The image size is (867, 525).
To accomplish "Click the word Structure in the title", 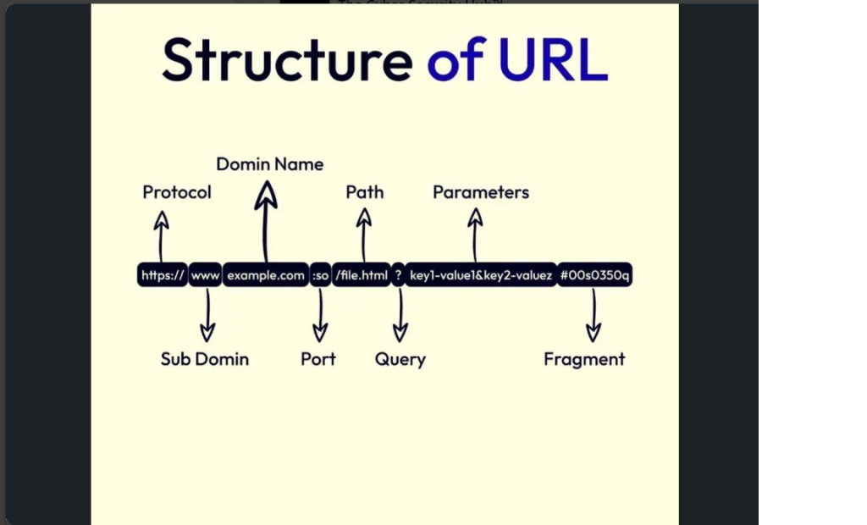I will (x=287, y=60).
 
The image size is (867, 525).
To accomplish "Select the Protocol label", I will (x=177, y=192).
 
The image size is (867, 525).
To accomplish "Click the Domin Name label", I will (x=269, y=164).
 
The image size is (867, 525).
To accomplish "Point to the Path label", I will (x=364, y=192).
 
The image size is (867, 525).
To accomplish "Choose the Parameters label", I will (x=480, y=192).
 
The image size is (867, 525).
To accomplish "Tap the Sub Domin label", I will (x=205, y=359).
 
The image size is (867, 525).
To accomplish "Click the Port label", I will (x=318, y=359).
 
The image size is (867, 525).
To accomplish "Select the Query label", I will (x=400, y=359).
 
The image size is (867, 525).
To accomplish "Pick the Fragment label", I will (x=584, y=359).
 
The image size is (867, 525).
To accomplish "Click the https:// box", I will (x=162, y=275).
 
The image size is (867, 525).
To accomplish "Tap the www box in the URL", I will (x=205, y=275).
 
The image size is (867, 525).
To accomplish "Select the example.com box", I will (x=265, y=275).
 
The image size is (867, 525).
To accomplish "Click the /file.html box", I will (x=361, y=275).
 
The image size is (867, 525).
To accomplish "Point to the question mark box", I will (x=398, y=275).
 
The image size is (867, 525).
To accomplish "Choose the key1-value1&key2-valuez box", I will (x=480, y=275).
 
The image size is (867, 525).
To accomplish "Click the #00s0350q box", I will (x=594, y=275).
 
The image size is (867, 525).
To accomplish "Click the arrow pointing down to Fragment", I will (x=594, y=316).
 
